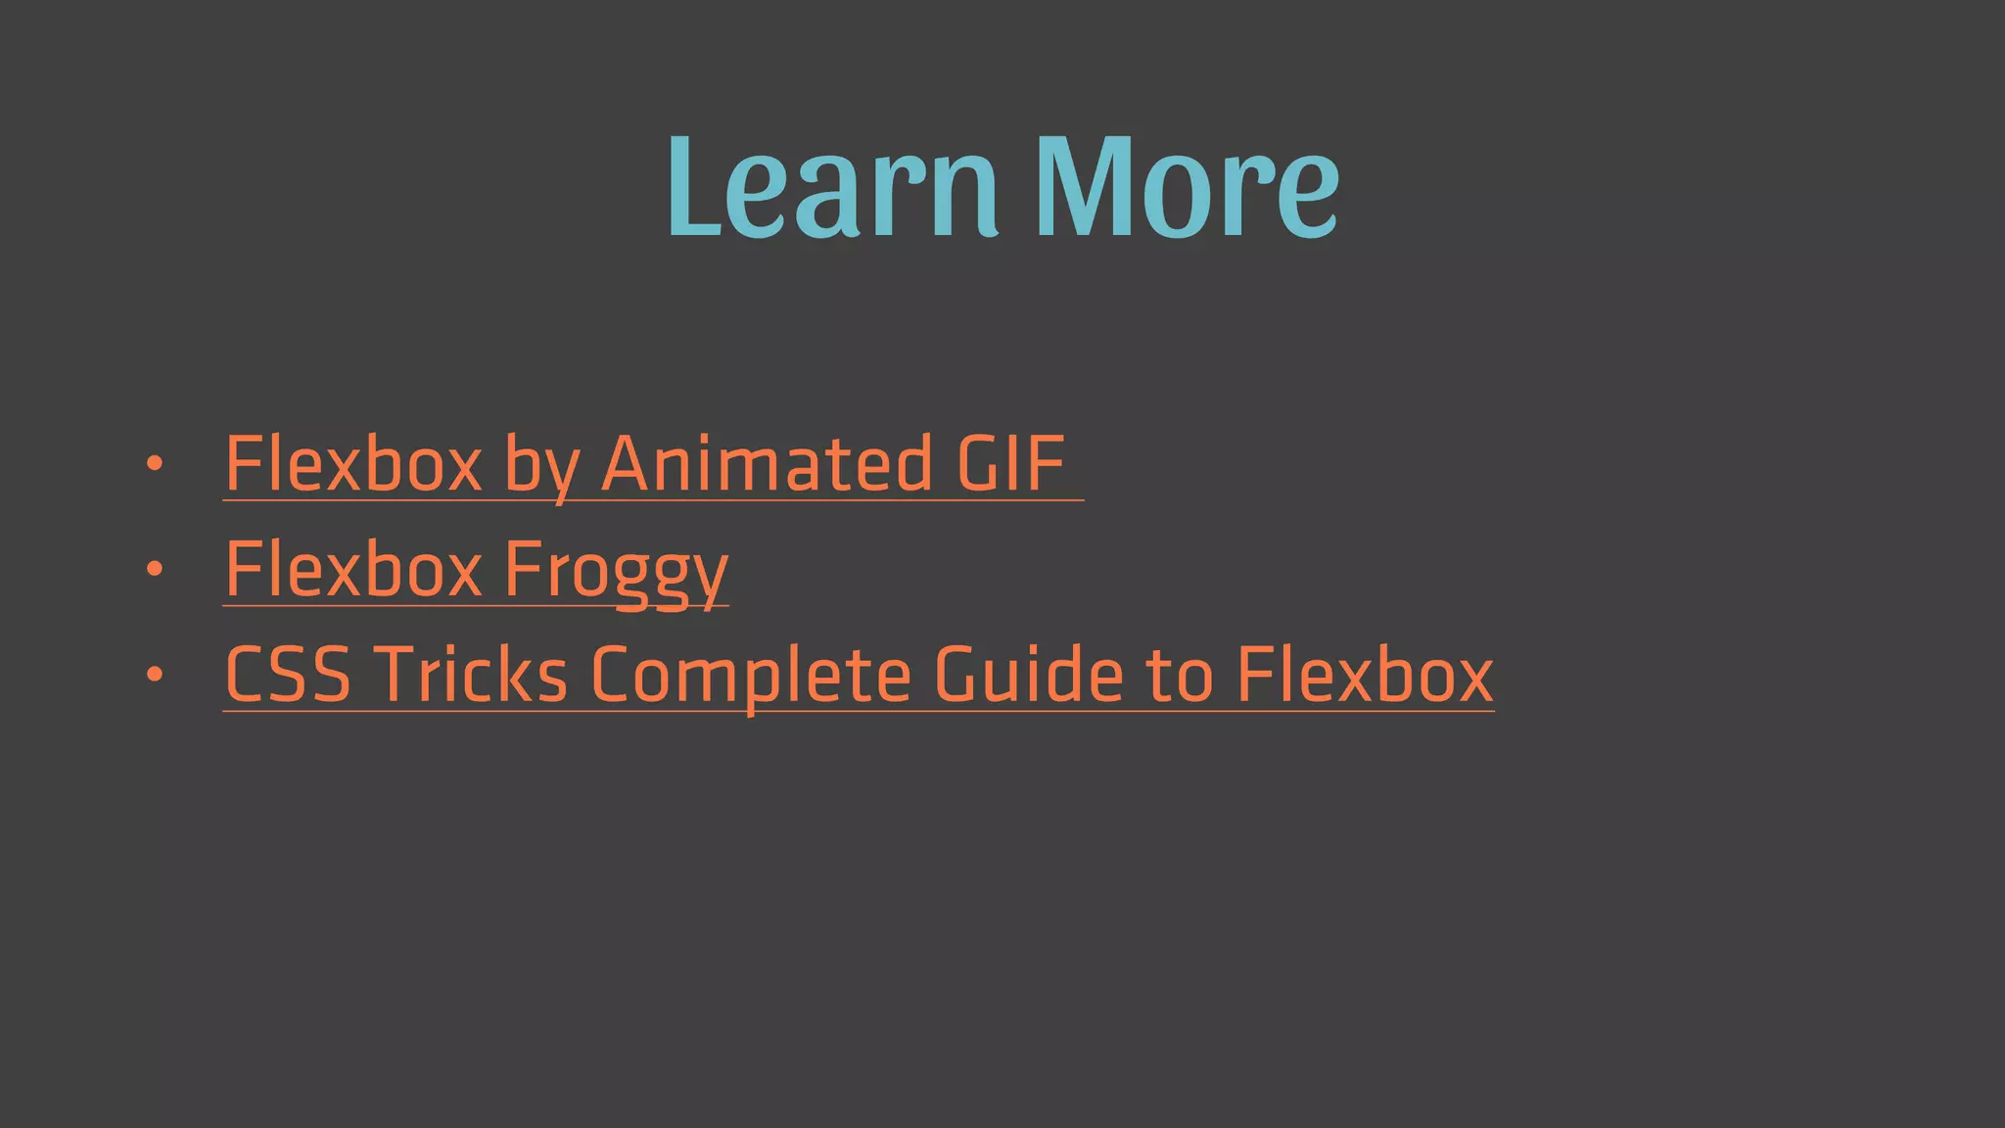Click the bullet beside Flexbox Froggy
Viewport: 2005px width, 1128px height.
tap(154, 569)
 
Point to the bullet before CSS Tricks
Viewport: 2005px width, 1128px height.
tap(154, 675)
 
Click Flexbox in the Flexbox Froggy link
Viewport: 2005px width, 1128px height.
tap(353, 569)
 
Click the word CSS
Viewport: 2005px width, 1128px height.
tap(288, 675)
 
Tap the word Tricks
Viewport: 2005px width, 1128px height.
tap(471, 675)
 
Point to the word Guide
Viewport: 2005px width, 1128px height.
tap(1029, 675)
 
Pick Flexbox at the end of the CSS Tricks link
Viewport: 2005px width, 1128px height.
tap(1366, 675)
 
